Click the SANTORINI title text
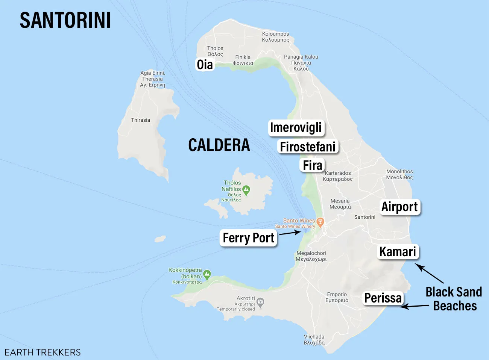click(x=65, y=20)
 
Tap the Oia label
click(x=205, y=65)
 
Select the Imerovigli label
click(x=296, y=128)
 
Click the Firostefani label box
click(x=308, y=147)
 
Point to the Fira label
click(x=313, y=165)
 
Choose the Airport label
click(x=399, y=207)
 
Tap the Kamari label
click(x=398, y=252)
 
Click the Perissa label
click(x=383, y=298)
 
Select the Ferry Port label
click(x=248, y=238)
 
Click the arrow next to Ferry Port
click(x=290, y=233)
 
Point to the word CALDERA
click(x=219, y=145)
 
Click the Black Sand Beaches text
click(x=454, y=299)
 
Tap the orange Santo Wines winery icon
click(x=320, y=222)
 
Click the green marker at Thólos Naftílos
click(x=246, y=190)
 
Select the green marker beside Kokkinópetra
click(x=207, y=275)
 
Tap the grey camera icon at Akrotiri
click(x=260, y=302)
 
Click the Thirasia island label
click(x=140, y=120)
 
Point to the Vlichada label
click(x=314, y=339)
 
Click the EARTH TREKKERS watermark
click(x=43, y=352)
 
